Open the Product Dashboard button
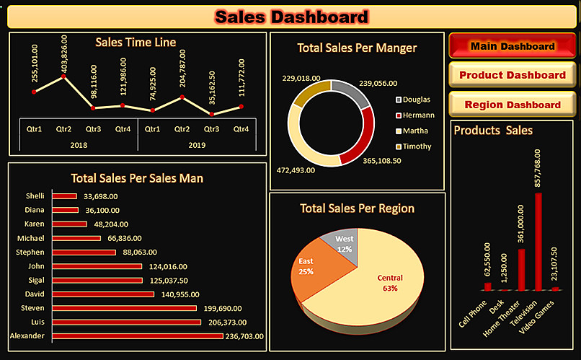[x=512, y=75]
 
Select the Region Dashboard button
[x=512, y=105]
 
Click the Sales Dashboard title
[x=291, y=16]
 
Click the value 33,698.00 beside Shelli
[x=101, y=196]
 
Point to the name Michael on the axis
[x=31, y=238]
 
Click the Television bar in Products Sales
[x=538, y=242]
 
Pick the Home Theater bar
[x=521, y=269]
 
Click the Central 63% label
[x=389, y=282]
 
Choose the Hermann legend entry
[x=417, y=115]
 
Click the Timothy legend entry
[x=417, y=146]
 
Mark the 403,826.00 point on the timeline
[x=64, y=76]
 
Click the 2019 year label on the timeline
[x=196, y=144]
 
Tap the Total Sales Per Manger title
[x=357, y=48]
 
